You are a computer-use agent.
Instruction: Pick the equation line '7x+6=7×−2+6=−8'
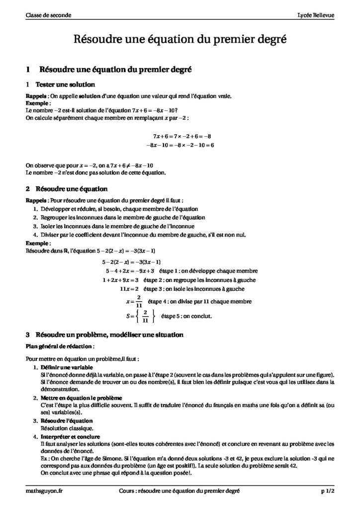[182, 136]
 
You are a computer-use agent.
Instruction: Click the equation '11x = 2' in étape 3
[130, 288]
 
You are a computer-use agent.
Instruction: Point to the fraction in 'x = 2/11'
[139, 301]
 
